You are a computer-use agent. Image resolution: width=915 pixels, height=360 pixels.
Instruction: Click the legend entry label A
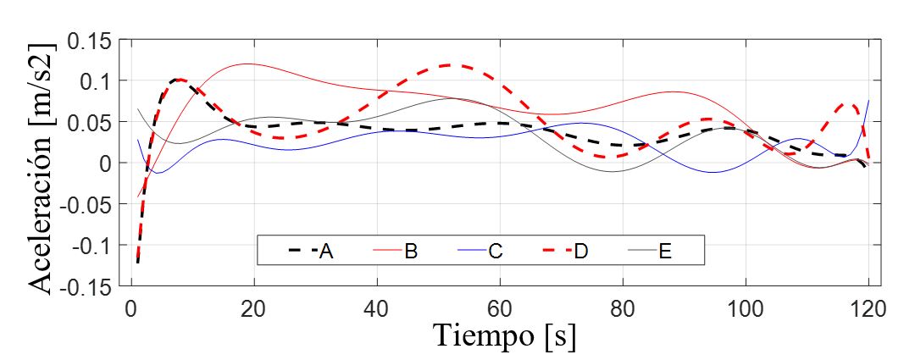pos(326,251)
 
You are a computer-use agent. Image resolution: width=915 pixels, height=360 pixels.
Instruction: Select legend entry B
pos(411,251)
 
